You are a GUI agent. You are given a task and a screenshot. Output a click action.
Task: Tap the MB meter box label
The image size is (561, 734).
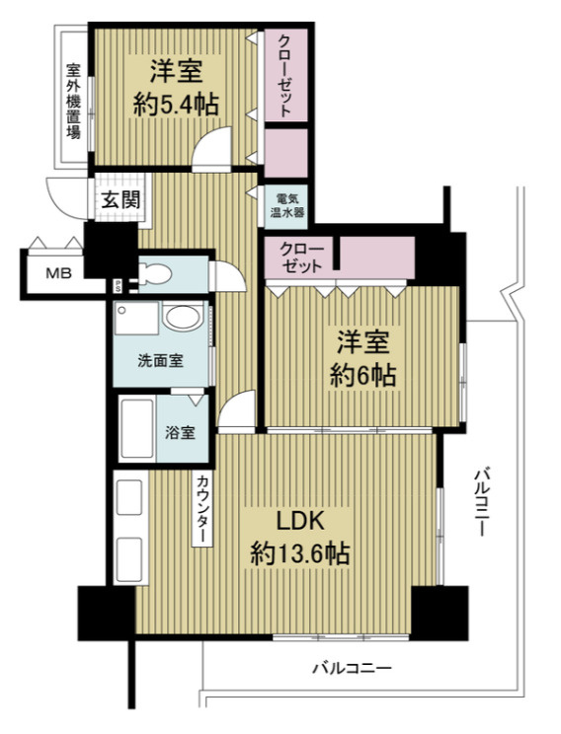[58, 273]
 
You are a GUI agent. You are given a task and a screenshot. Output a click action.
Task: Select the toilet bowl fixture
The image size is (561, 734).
[156, 273]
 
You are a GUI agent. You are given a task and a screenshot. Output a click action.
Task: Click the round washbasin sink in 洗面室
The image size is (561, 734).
[184, 317]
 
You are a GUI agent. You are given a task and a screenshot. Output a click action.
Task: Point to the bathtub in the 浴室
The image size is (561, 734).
[137, 429]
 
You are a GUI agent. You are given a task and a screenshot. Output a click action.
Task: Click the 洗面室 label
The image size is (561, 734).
[160, 361]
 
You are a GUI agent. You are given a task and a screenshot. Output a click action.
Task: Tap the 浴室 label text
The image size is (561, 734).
[180, 432]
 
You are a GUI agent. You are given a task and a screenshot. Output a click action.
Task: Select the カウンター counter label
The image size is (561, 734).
[202, 509]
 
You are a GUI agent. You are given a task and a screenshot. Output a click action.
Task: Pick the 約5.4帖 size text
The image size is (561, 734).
[176, 105]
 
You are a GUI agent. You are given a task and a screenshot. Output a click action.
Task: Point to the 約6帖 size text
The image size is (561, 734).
[362, 376]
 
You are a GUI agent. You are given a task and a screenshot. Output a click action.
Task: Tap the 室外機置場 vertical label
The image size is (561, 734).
[73, 101]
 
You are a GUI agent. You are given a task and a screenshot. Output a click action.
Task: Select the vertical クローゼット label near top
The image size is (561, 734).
[285, 76]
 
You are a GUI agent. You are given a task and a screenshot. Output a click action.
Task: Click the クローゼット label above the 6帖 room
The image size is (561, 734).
[301, 257]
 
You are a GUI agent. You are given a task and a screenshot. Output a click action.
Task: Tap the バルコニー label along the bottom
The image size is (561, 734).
[352, 668]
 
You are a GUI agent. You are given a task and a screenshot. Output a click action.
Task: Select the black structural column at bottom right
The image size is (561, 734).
[440, 613]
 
